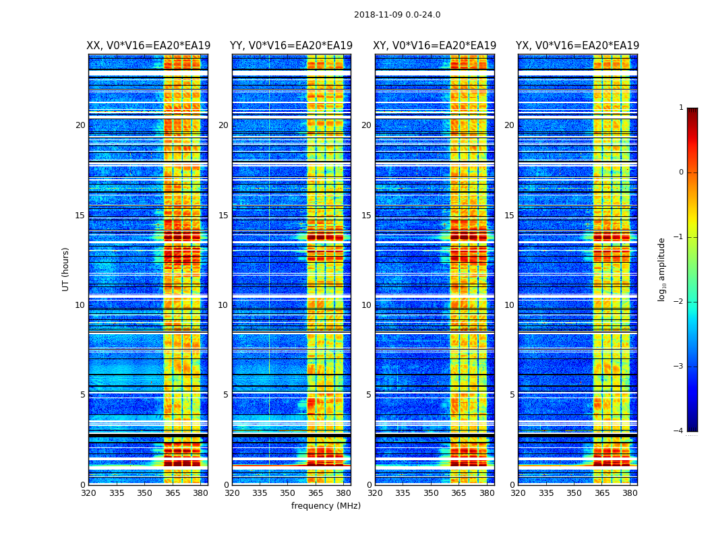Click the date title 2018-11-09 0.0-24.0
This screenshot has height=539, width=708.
397,15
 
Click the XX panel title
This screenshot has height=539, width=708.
148,46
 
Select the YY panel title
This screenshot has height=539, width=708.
291,46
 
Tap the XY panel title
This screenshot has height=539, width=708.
434,46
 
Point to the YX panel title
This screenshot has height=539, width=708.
577,46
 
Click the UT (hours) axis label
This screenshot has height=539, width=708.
66,269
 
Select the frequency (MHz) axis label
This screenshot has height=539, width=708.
326,506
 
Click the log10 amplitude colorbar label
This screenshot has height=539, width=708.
662,269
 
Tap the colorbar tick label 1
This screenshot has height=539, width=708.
681,108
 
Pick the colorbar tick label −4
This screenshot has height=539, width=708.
680,431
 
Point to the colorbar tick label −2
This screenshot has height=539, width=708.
680,302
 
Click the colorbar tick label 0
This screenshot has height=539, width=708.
681,172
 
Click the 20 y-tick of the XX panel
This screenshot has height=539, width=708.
80,125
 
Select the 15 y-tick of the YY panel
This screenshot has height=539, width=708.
223,216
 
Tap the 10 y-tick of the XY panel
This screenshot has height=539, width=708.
366,305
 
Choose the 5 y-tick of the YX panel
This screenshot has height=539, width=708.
512,395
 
